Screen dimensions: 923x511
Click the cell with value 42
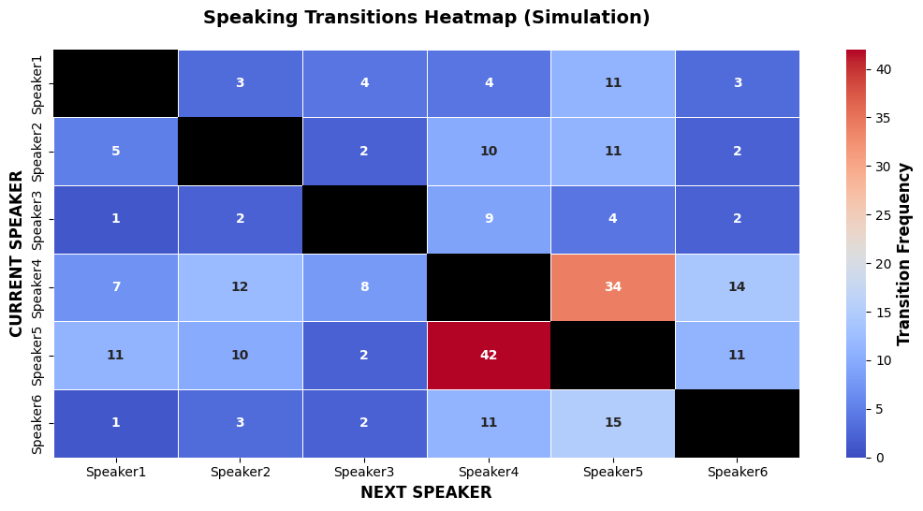click(489, 355)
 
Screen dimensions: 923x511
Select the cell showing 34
click(613, 287)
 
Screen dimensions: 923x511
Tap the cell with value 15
click(613, 423)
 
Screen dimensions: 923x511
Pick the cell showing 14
click(737, 287)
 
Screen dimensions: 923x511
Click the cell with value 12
click(241, 287)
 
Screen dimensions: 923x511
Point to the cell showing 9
click(489, 219)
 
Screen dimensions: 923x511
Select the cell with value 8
click(364, 287)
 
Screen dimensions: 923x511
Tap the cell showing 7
click(116, 287)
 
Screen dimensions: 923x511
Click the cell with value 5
click(116, 152)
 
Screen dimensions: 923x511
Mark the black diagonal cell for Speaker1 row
click(116, 83)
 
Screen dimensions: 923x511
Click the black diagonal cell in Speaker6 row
click(737, 423)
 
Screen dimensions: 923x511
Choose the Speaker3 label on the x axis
click(364, 472)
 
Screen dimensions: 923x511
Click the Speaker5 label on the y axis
click(37, 356)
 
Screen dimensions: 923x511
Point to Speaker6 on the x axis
click(737, 472)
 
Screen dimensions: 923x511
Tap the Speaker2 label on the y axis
click(37, 152)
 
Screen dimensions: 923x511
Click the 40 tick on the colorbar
click(883, 69)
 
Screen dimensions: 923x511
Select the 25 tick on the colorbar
click(883, 215)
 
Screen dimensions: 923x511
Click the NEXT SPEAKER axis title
click(426, 492)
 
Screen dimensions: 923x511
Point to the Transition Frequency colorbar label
click(903, 255)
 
